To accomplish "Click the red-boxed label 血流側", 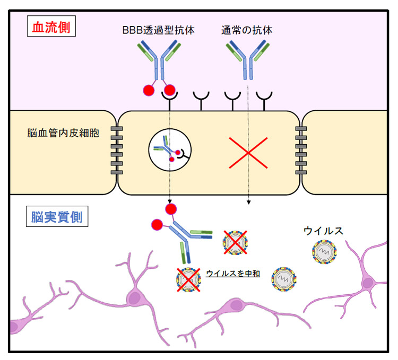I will click(x=51, y=27).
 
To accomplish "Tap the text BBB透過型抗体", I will click(x=158, y=30).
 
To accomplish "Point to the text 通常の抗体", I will click(x=247, y=30).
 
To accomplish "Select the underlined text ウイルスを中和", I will click(x=232, y=274).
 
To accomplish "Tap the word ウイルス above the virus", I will click(x=323, y=231).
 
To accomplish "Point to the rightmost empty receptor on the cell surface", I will click(x=264, y=98).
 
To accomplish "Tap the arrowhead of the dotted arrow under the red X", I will click(x=248, y=203).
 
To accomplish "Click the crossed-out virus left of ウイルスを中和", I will click(x=188, y=279).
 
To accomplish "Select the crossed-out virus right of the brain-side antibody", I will click(x=234, y=243).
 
